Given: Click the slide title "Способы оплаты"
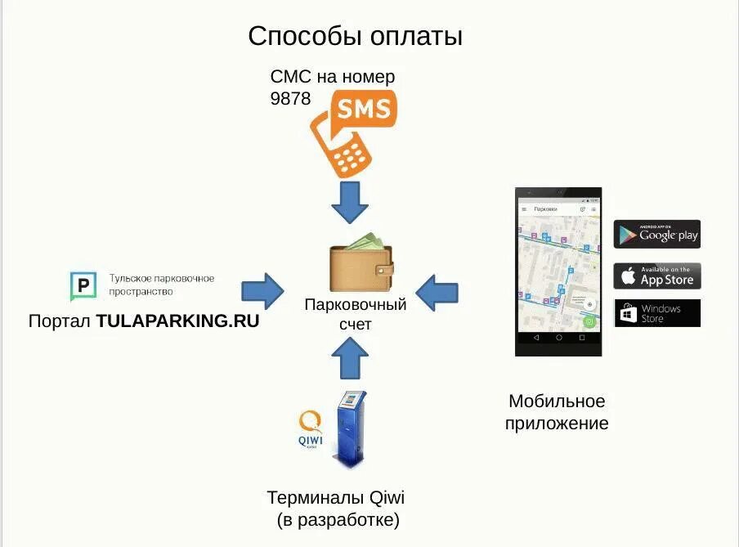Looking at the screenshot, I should tap(355, 37).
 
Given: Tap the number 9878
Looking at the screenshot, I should tap(290, 98).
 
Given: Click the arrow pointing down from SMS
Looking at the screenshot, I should tap(352, 202).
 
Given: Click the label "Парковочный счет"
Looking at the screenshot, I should tap(355, 314).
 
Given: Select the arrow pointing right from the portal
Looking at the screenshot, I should tap(262, 290).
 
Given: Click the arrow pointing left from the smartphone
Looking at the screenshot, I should tap(437, 291).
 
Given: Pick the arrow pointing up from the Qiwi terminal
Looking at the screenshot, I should tap(351, 357).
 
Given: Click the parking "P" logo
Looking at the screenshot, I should tap(83, 287).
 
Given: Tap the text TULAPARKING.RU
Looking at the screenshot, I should tap(177, 321).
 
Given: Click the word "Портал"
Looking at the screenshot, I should tap(60, 321).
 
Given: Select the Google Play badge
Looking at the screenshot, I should tap(656, 235).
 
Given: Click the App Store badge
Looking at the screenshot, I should tap(656, 276).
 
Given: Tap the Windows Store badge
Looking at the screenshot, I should tap(656, 313).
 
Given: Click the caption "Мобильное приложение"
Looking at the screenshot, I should tap(557, 412).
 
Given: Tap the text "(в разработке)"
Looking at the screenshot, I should tap(338, 520).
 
